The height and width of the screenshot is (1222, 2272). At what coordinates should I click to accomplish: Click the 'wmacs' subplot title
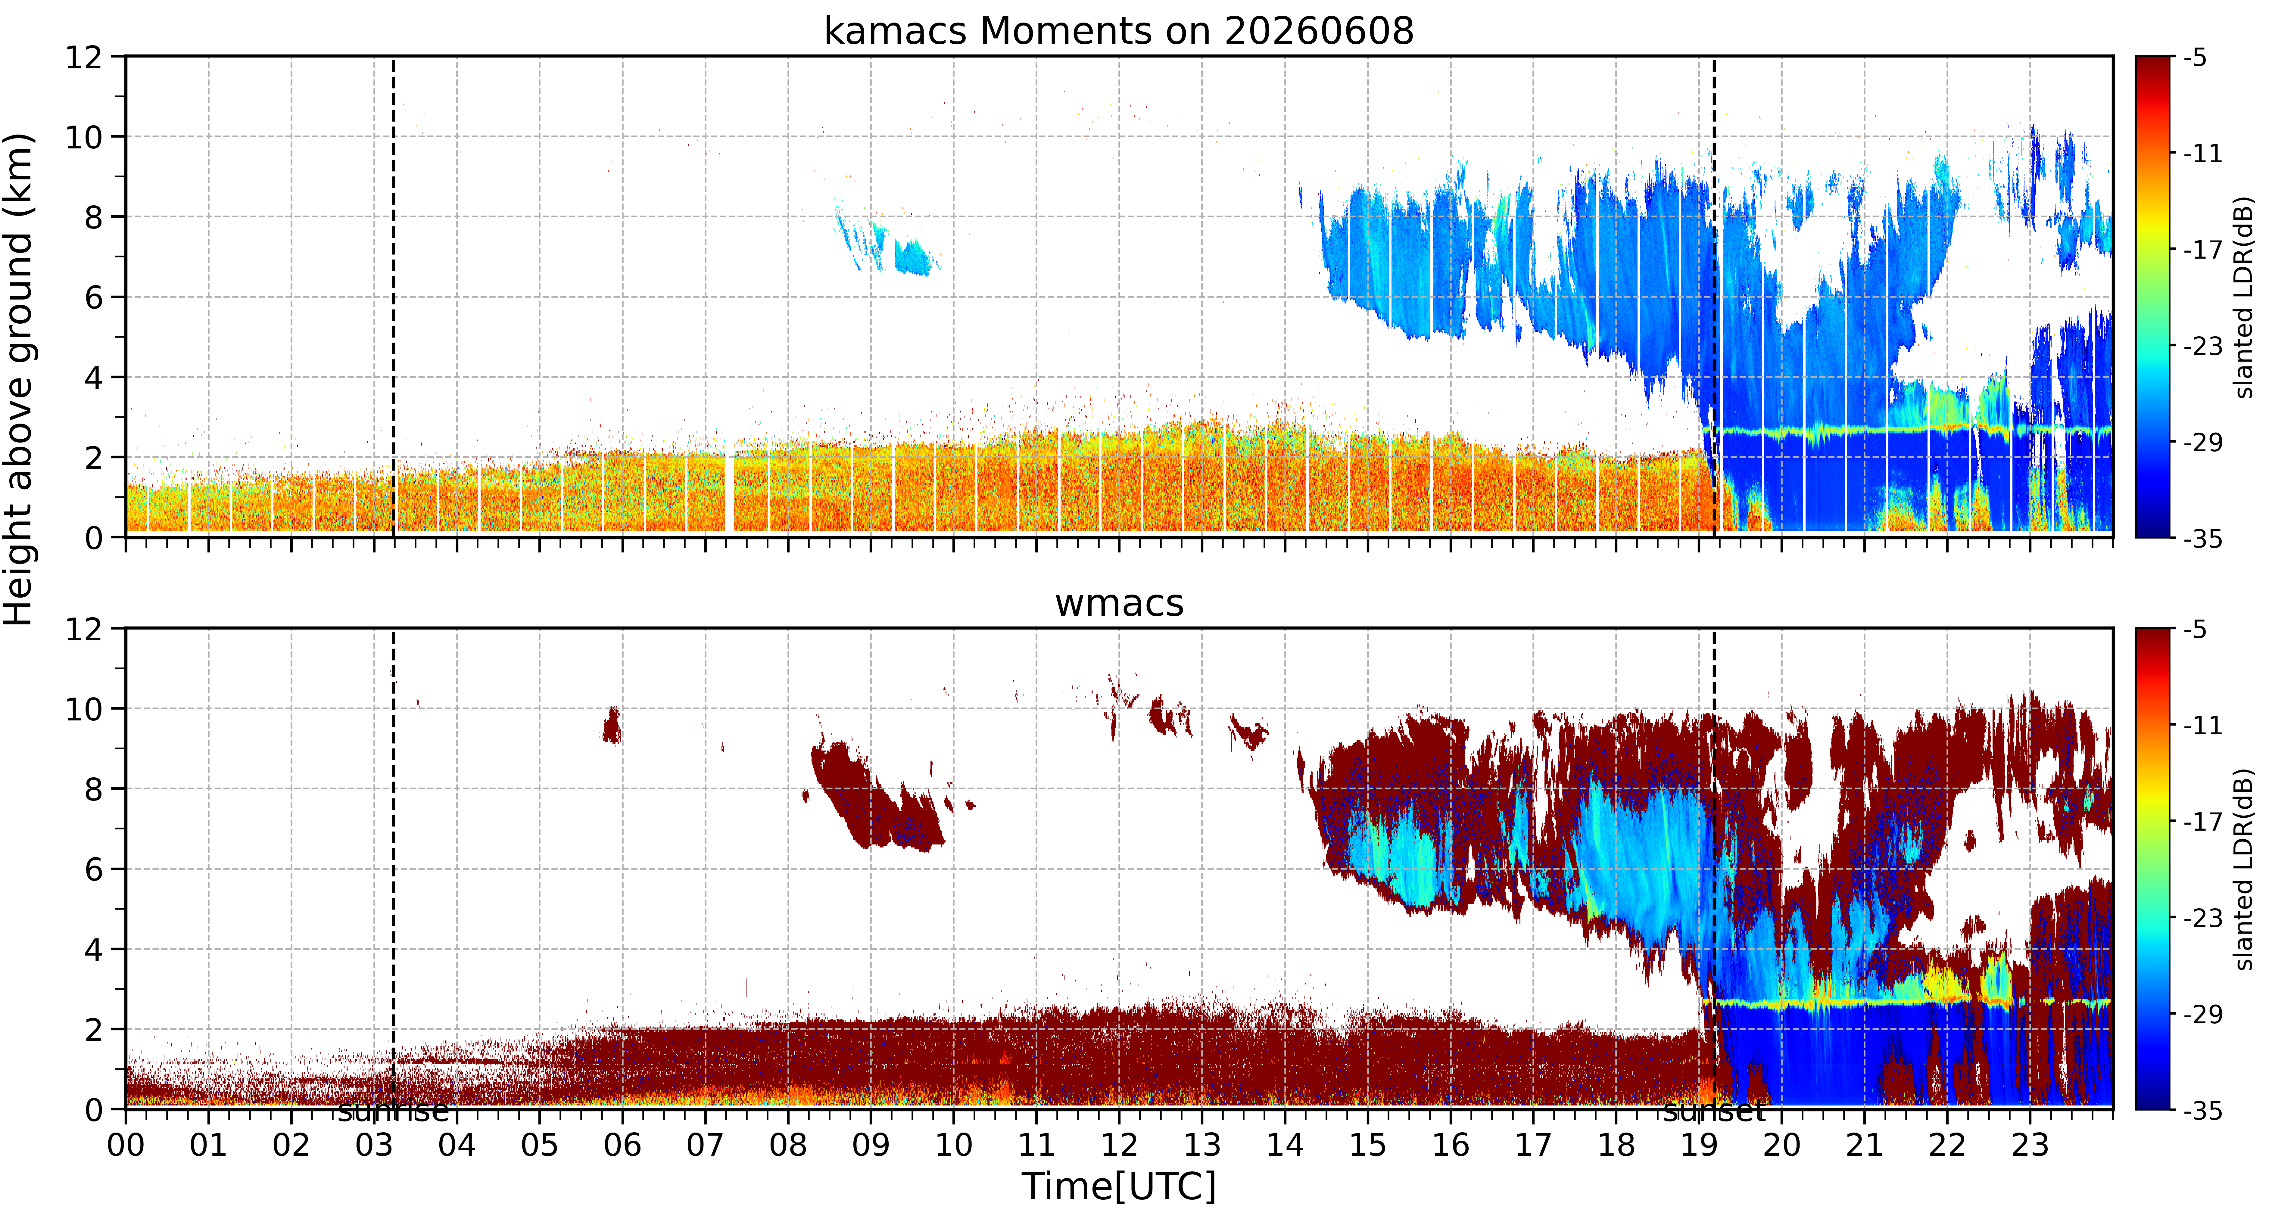click(1118, 604)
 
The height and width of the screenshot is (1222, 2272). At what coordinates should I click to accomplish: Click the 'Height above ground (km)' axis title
click(19, 379)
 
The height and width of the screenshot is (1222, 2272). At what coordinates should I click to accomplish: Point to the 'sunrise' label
click(393, 1111)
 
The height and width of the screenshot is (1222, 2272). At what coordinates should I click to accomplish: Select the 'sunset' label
click(1714, 1111)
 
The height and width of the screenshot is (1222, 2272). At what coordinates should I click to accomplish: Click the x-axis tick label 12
click(1118, 1145)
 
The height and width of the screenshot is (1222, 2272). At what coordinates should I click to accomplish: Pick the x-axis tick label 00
click(126, 1145)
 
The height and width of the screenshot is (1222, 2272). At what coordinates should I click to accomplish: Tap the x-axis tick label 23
click(2030, 1145)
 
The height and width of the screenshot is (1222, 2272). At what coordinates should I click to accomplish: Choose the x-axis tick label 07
click(705, 1145)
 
